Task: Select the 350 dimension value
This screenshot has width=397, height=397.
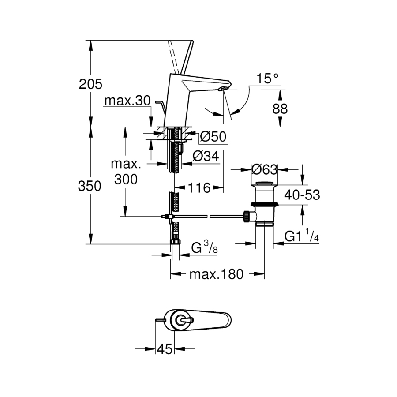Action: click(x=90, y=186)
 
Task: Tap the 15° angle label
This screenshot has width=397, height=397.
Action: click(x=268, y=79)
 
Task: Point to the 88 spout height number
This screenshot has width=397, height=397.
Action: click(x=280, y=109)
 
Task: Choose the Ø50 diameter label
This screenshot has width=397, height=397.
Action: click(x=213, y=137)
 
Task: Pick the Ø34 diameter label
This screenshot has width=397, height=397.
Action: click(x=206, y=156)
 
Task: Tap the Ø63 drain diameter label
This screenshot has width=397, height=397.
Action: click(x=263, y=169)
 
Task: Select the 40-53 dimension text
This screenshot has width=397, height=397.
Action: click(x=302, y=195)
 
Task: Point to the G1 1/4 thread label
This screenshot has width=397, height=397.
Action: click(x=302, y=237)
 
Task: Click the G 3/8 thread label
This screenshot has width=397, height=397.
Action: click(x=204, y=248)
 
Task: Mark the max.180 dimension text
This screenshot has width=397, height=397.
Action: click(x=216, y=274)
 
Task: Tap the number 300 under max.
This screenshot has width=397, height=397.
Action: click(x=125, y=179)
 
